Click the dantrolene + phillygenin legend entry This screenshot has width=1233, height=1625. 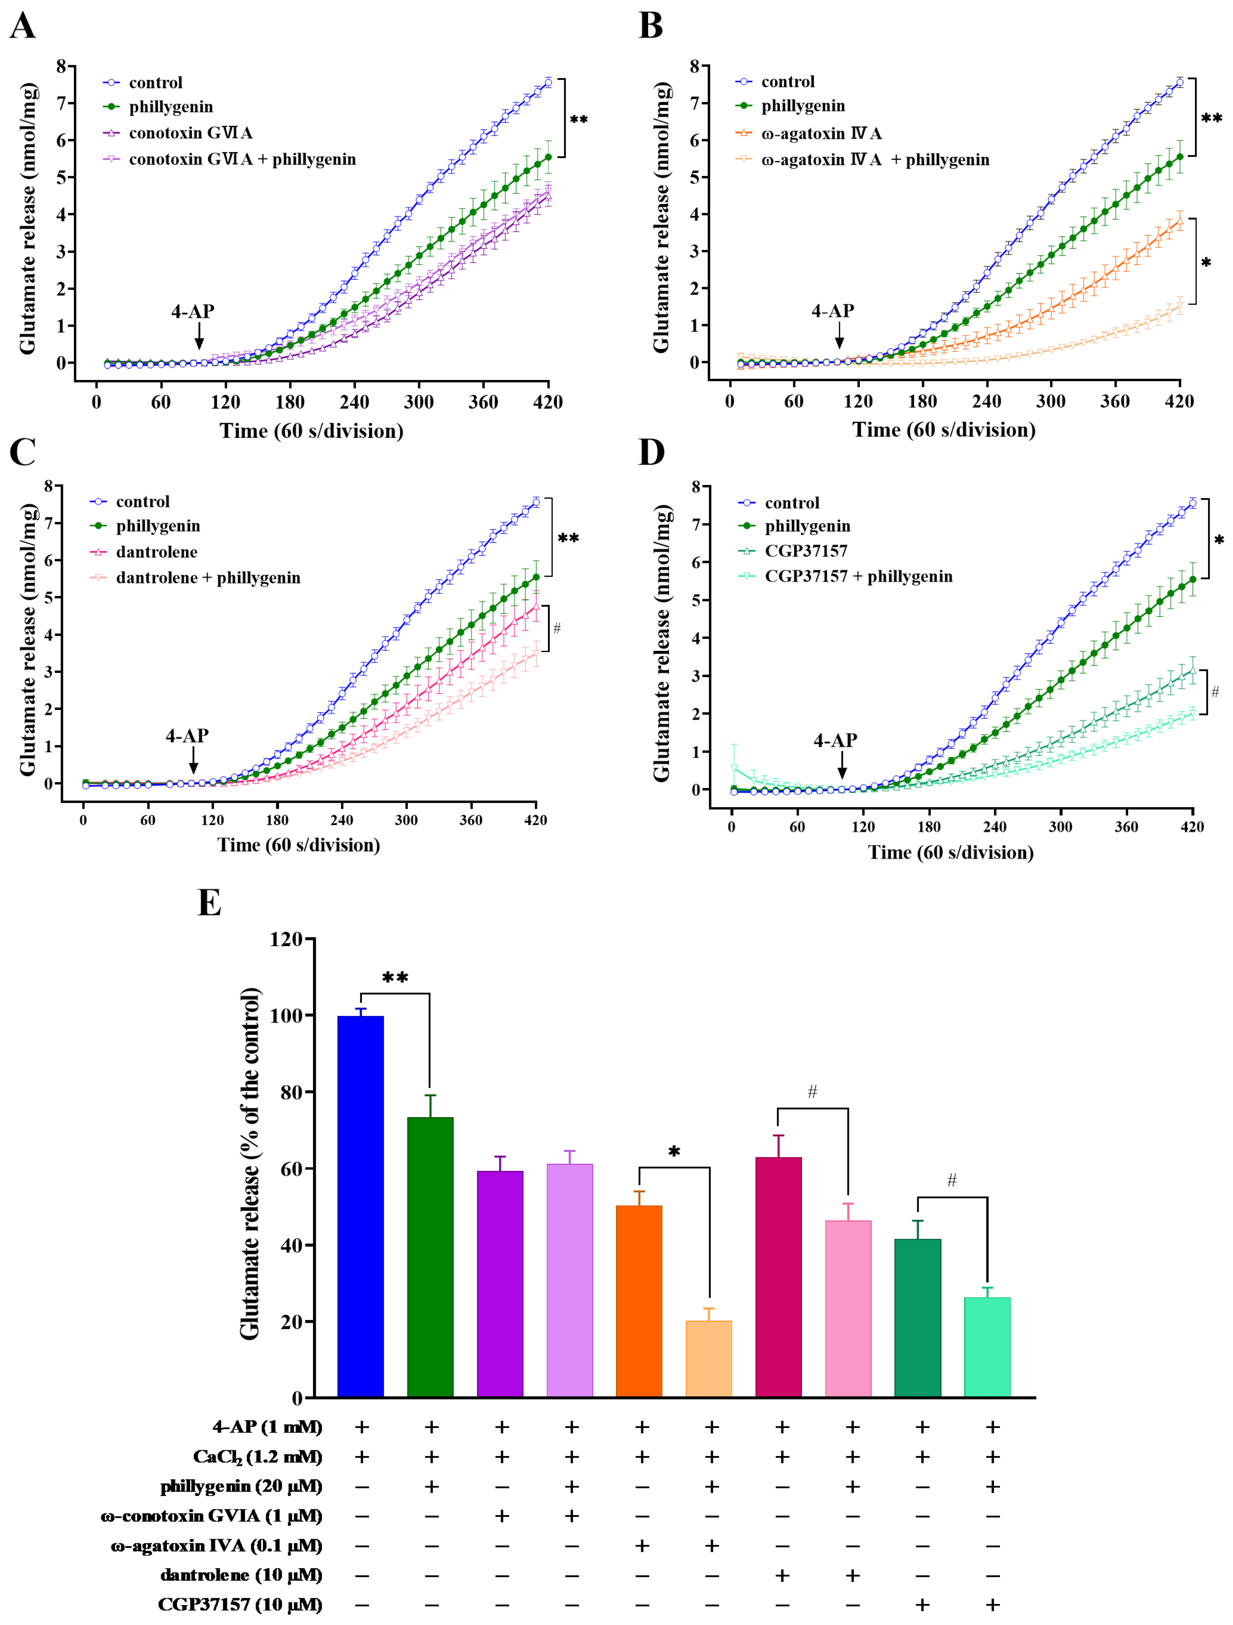click(x=208, y=577)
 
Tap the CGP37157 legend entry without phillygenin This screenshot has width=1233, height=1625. click(x=805, y=550)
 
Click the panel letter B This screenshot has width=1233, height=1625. click(x=650, y=26)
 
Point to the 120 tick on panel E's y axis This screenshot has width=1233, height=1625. click(x=286, y=939)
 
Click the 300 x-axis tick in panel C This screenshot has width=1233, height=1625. click(x=406, y=820)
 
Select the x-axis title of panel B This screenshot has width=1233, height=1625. click(x=944, y=430)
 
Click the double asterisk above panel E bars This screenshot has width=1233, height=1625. click(x=395, y=978)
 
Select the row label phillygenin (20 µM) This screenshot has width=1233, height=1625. click(x=241, y=1486)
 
